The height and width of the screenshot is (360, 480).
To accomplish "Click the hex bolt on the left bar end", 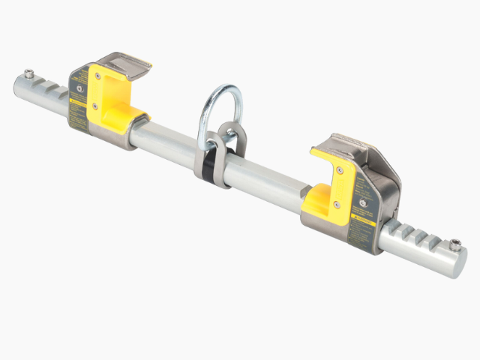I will [x=28, y=73].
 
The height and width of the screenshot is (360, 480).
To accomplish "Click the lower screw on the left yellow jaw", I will [x=96, y=107].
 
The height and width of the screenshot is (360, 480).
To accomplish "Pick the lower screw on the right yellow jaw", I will [x=336, y=203].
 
